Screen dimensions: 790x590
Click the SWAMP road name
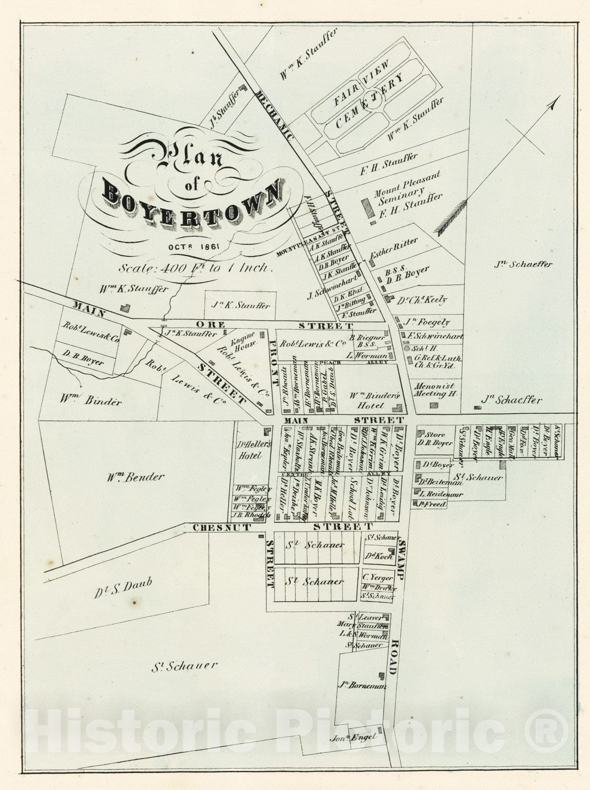point(401,558)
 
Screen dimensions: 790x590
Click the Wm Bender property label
point(136,477)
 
